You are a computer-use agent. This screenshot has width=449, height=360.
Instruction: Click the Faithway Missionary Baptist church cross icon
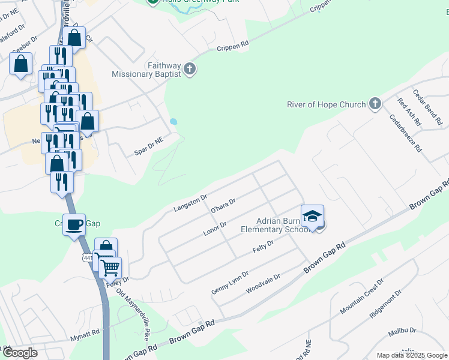click(x=190, y=68)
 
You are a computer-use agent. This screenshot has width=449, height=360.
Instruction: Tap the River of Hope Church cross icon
click(x=375, y=104)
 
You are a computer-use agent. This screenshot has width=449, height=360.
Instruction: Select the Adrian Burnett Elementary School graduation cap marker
click(x=312, y=217)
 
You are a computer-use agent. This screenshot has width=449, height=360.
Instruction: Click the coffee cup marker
click(x=74, y=225)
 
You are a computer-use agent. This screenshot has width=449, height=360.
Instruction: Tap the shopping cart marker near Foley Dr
click(x=110, y=268)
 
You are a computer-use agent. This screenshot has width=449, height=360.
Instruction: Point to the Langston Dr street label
click(x=190, y=202)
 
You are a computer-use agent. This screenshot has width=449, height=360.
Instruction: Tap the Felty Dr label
click(x=262, y=247)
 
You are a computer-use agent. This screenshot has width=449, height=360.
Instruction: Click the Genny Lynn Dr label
click(x=230, y=282)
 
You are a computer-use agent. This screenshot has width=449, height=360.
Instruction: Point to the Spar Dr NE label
click(x=149, y=146)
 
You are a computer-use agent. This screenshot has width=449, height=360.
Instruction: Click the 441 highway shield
click(x=88, y=257)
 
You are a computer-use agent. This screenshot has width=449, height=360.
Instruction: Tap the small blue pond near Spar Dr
click(x=173, y=121)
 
